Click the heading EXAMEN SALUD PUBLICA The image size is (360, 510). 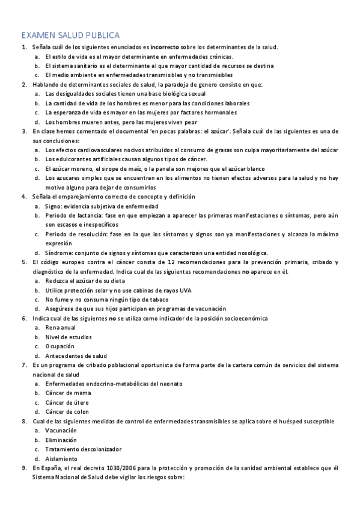click(70, 35)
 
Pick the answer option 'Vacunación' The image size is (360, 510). click(61, 431)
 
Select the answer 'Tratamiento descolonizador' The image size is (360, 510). click(84, 449)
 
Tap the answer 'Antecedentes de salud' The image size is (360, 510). click(76, 355)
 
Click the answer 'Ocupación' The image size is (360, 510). click(60, 346)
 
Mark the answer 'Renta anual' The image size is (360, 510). click(61, 328)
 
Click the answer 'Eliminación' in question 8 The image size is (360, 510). click(61, 440)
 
